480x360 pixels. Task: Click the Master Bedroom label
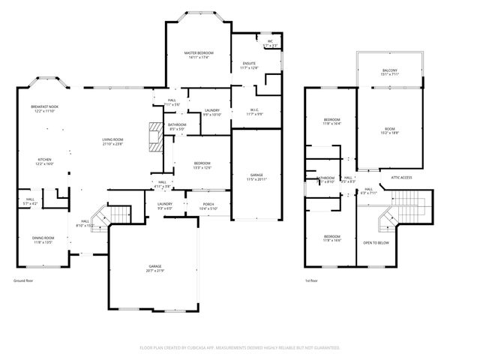pyautogui.click(x=199, y=54)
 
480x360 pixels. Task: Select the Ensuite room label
pyautogui.click(x=249, y=65)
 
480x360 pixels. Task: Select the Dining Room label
pyautogui.click(x=43, y=240)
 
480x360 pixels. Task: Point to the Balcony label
pyautogui.click(x=391, y=72)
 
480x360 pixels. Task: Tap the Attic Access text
pyautogui.click(x=401, y=178)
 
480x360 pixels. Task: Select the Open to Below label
pyautogui.click(x=376, y=243)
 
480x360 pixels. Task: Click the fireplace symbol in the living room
pyautogui.click(x=155, y=137)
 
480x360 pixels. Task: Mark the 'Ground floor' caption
pyautogui.click(x=23, y=280)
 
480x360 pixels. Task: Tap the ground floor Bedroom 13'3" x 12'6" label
pyautogui.click(x=202, y=165)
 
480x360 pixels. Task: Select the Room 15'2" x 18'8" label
pyautogui.click(x=390, y=131)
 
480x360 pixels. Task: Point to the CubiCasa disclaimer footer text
pyautogui.click(x=240, y=348)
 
